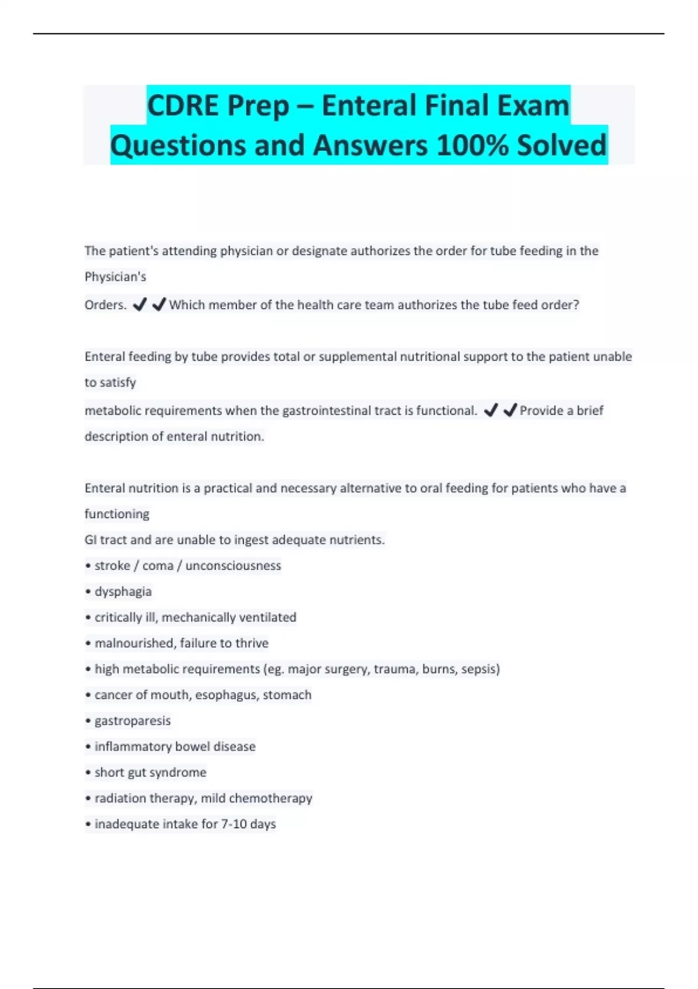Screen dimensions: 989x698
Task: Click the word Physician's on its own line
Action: (115, 277)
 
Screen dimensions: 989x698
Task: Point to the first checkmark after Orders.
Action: (140, 305)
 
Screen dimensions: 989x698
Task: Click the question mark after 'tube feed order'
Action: (576, 305)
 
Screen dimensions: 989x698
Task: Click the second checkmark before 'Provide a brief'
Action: (510, 411)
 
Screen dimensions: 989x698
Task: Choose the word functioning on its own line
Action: (117, 514)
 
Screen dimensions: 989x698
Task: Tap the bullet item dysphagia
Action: (123, 592)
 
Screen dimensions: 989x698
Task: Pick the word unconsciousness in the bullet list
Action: (233, 566)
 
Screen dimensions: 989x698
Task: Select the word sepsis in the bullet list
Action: (480, 669)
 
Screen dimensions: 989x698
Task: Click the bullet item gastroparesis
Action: (133, 721)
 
